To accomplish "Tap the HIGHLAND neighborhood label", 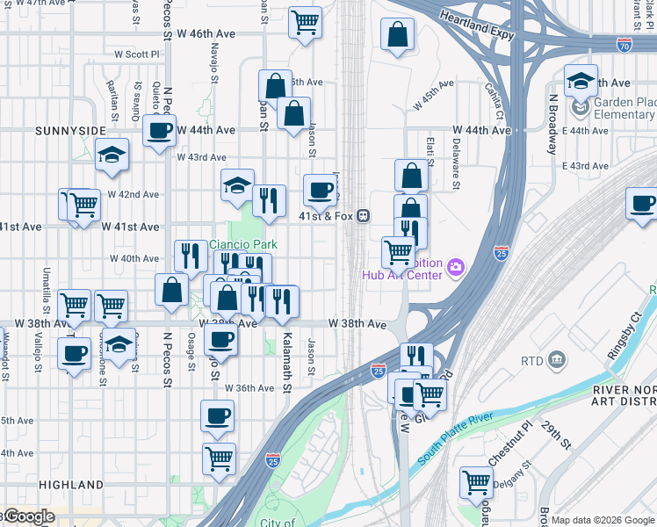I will coord(71,484).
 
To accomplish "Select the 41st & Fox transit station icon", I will coord(362,216).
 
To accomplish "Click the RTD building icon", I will coord(556,359).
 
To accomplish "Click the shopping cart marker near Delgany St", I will coord(476,480).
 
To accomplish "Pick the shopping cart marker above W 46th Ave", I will coord(306,22).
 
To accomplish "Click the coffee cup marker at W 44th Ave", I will coord(159,131).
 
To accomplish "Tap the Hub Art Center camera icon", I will coord(456,266).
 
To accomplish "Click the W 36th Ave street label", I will coord(249,388).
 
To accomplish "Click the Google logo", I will coord(28,516).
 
